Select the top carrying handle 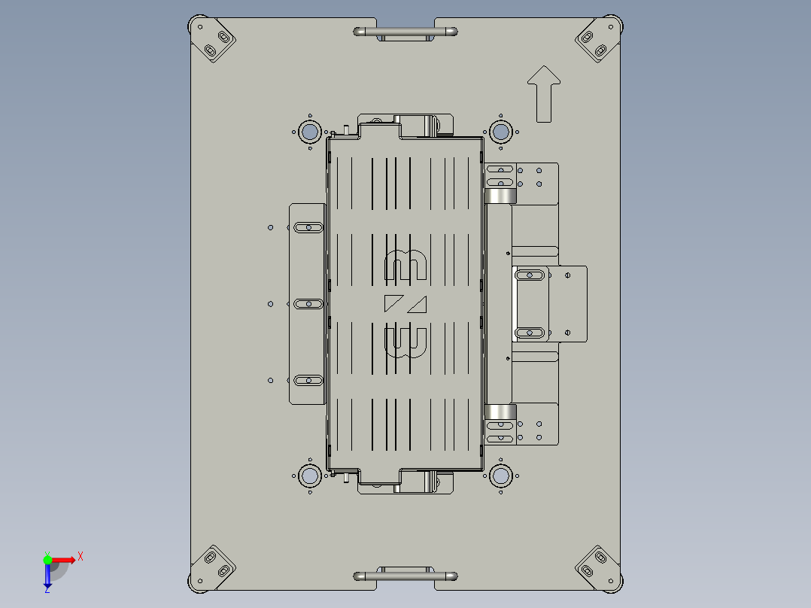(x=405, y=32)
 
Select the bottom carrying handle (x=405, y=576)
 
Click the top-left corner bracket (x=214, y=42)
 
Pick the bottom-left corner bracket (x=214, y=565)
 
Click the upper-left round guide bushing (x=309, y=132)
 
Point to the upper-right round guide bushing (x=500, y=132)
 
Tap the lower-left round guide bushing (x=309, y=476)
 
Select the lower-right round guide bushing (x=500, y=476)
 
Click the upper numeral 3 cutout (x=406, y=264)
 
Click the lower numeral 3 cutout (x=406, y=342)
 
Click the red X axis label (x=80, y=557)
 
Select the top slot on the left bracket (x=308, y=226)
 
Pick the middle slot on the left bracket (x=308, y=303)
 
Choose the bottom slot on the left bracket (x=308, y=380)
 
